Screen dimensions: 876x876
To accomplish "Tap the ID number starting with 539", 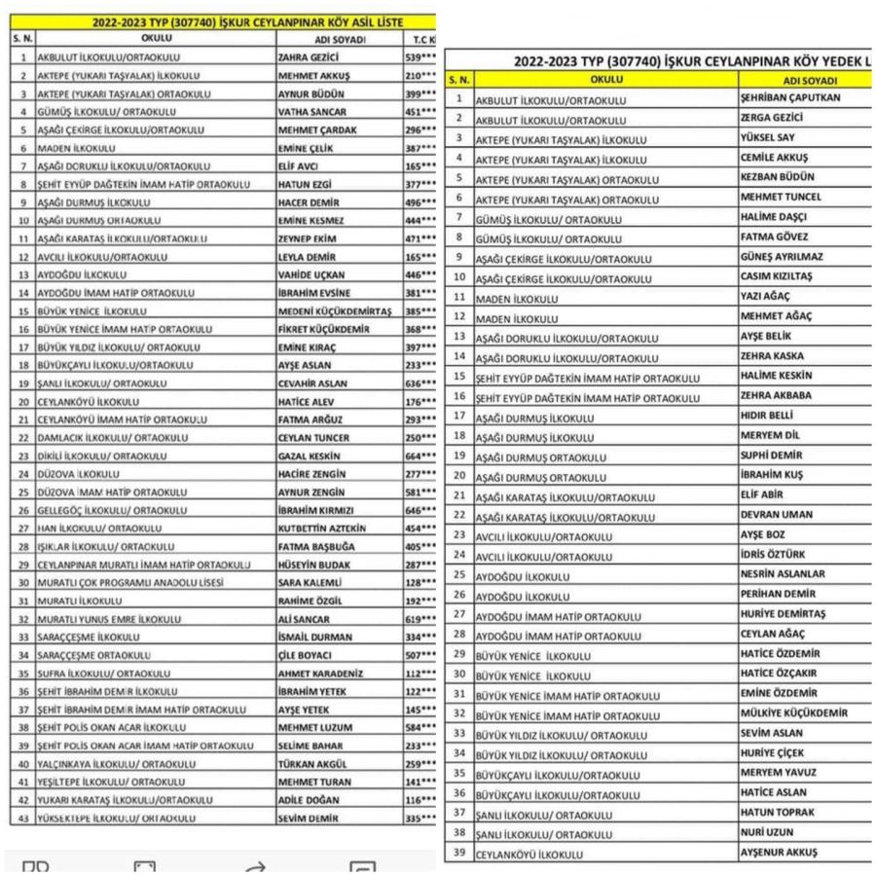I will [x=420, y=57].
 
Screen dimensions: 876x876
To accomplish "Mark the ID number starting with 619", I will [x=420, y=619].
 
